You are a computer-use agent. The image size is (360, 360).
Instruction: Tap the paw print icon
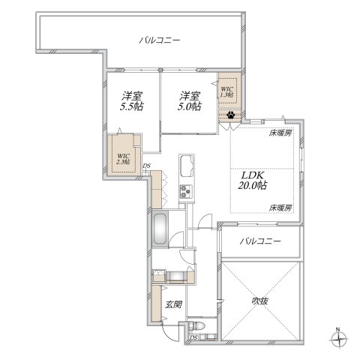230,115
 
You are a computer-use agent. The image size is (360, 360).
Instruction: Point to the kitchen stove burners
184,193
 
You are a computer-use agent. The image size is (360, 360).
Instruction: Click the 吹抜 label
259,301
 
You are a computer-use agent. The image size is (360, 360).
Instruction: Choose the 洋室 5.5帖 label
132,100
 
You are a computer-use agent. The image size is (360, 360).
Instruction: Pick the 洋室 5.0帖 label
189,100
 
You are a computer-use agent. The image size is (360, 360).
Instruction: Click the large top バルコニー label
163,40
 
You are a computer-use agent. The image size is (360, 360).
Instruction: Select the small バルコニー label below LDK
260,241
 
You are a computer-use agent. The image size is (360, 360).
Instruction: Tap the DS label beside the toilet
193,337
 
